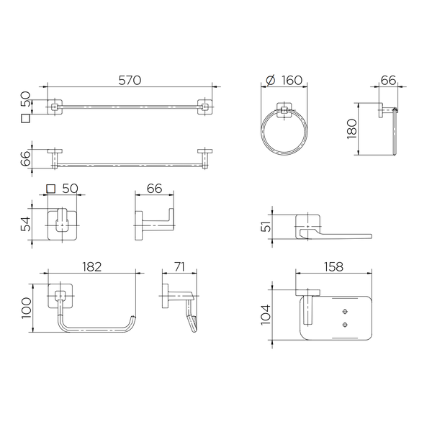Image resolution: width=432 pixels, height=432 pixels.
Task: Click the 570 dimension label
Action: tap(130, 80)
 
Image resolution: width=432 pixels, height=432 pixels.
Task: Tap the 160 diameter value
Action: tap(292, 80)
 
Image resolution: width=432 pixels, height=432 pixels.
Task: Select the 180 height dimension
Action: tap(352, 129)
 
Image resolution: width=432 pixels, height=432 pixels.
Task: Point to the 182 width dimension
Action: tap(92, 266)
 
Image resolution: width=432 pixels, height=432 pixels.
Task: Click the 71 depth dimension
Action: tap(179, 266)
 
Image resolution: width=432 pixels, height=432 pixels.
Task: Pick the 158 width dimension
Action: tap(333, 266)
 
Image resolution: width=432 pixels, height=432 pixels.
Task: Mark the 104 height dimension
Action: tap(266, 315)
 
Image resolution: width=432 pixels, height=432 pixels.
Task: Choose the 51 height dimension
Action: tap(266, 227)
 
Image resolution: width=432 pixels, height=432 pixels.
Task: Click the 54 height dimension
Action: tap(25, 224)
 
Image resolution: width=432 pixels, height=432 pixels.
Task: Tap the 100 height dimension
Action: tap(27, 307)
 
